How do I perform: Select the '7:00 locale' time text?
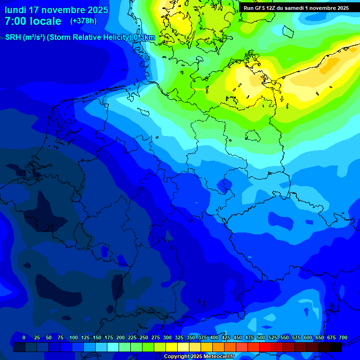pyautogui.click(x=33, y=21)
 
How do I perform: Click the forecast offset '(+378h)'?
pyautogui.click(x=83, y=21)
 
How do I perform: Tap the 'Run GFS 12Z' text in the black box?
pyautogui.click(x=261, y=8)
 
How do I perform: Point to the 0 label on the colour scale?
pyautogui.click(x=24, y=337)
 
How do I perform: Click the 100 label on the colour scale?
pyautogui.click(x=74, y=337)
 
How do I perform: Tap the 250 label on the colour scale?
pyautogui.click(x=144, y=337)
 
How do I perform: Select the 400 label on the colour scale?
pyautogui.click(x=214, y=337)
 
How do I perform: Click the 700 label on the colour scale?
pyautogui.click(x=343, y=337)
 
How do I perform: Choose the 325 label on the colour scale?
pyautogui.click(x=179, y=337)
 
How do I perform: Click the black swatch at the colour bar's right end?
pyautogui.click(x=336, y=347)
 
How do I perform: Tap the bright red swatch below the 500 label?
pyautogui.click(x=265, y=347)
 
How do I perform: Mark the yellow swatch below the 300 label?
pyautogui.click(x=172, y=347)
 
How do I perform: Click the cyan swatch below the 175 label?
pyautogui.click(x=113, y=347)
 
